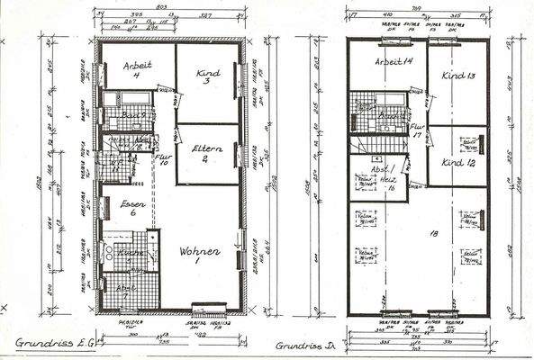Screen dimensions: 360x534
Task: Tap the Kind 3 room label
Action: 207,73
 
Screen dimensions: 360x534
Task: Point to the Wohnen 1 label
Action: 199,255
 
